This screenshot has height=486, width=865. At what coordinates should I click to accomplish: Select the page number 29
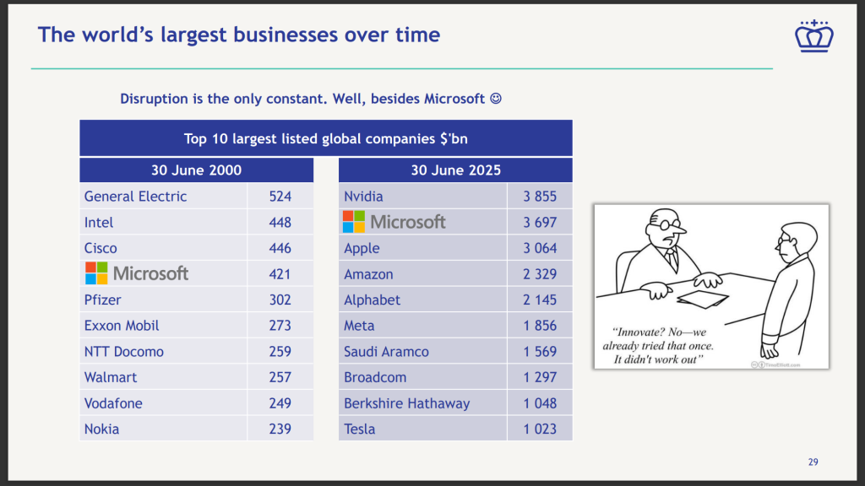point(813,462)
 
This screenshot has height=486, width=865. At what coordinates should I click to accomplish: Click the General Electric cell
point(135,197)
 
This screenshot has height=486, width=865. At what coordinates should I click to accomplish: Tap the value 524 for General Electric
point(280,197)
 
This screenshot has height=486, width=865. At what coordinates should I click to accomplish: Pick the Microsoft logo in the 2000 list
point(137,273)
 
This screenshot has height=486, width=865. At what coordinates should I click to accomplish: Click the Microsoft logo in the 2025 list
point(394,222)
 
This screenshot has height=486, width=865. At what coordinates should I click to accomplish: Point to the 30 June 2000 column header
point(196,170)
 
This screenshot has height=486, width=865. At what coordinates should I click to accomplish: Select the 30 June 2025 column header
point(455,170)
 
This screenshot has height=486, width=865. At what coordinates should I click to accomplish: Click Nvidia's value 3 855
point(540,197)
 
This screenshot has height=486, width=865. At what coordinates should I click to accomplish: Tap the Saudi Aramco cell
point(386,352)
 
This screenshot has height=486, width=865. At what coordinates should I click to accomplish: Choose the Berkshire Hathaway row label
point(406,403)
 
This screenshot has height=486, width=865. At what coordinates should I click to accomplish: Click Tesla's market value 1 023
point(540,429)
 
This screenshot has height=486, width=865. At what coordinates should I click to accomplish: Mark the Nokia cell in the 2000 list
point(101,429)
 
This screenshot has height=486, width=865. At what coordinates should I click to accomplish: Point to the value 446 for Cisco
point(280,248)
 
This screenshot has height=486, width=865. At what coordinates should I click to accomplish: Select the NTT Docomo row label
point(123,352)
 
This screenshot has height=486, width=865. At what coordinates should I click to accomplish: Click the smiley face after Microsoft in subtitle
point(496,99)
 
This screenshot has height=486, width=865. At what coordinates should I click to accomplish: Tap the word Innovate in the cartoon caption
point(644,332)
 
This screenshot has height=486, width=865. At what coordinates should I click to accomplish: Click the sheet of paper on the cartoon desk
point(699,298)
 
